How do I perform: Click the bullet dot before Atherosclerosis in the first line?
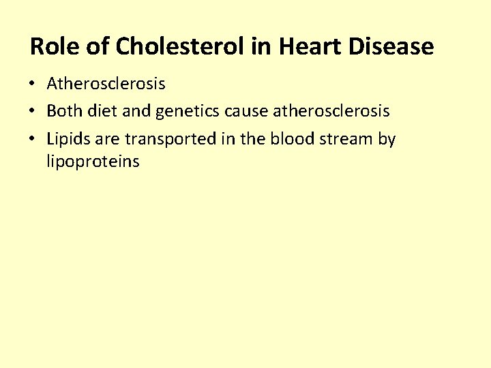click(33, 85)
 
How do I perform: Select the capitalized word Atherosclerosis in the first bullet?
click(106, 84)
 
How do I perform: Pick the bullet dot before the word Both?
click(33, 112)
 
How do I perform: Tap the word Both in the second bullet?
click(65, 111)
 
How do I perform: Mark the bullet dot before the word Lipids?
click(33, 140)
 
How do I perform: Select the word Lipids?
click(68, 140)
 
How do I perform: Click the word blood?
click(291, 139)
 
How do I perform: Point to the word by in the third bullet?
click(387, 140)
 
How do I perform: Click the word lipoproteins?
click(93, 162)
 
